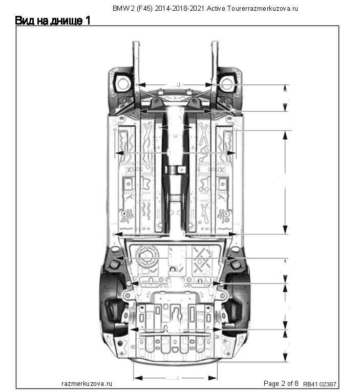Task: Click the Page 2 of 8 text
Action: coord(281,383)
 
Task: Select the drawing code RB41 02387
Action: coord(321,384)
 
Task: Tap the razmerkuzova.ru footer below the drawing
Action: coord(87,383)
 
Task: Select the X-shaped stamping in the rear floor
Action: coord(201,256)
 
